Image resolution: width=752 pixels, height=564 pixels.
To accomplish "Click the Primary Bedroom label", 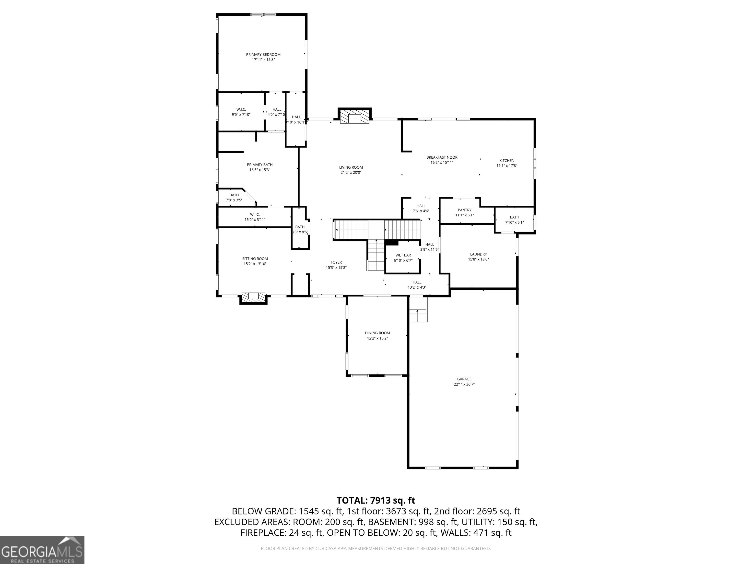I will click(x=263, y=54).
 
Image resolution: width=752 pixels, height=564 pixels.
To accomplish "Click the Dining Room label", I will click(x=377, y=333).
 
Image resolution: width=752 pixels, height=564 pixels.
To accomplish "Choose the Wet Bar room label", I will click(x=403, y=255).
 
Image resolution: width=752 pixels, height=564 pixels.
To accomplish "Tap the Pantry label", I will click(x=464, y=210).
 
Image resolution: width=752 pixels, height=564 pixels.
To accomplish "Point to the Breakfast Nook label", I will click(x=442, y=157).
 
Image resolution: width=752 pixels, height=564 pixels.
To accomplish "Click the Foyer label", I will click(x=336, y=262).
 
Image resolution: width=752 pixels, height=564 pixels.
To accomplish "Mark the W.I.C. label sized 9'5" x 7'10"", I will click(x=241, y=109).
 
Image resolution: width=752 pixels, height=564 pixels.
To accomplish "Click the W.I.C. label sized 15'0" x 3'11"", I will click(x=255, y=214).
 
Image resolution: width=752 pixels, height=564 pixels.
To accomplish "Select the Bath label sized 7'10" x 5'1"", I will click(x=514, y=217).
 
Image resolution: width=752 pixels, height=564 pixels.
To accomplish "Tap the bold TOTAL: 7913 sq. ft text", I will click(x=376, y=500).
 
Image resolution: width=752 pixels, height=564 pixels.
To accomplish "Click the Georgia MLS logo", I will click(x=42, y=550).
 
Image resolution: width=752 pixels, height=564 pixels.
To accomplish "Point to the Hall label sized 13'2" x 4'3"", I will click(x=417, y=282).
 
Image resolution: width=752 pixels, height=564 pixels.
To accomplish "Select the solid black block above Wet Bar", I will click(x=391, y=242).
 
